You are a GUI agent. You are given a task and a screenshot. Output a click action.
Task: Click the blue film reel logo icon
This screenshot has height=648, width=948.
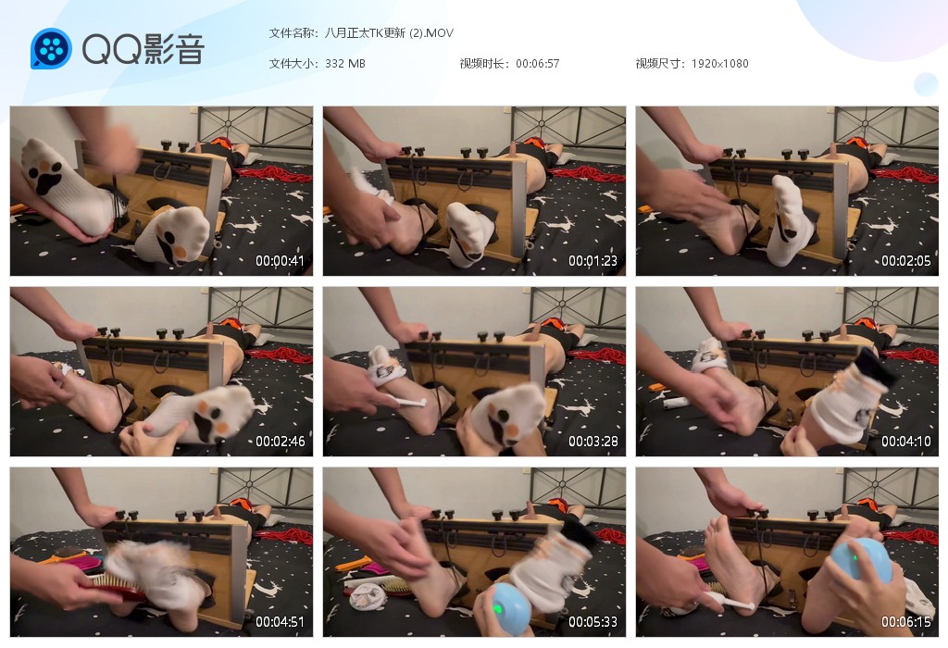(x=51, y=48)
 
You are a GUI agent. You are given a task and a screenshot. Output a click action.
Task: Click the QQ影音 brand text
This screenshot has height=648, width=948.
(x=143, y=49)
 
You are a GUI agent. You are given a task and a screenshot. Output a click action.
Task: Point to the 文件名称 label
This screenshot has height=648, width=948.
(x=292, y=32)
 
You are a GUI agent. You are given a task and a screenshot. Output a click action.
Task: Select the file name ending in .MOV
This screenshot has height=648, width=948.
(x=389, y=32)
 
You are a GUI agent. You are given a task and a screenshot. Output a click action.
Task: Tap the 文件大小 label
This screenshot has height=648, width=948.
(x=292, y=64)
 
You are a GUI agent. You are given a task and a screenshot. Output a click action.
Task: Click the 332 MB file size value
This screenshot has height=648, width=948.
(x=344, y=64)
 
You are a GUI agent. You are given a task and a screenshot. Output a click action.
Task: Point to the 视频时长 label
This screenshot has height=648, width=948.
(x=483, y=64)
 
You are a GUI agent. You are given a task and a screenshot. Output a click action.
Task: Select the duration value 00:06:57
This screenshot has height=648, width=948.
(x=538, y=64)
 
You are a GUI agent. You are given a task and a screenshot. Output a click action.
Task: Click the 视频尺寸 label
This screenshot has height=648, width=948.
(x=659, y=64)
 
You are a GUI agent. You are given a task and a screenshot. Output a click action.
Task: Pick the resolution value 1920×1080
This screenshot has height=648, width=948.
(x=719, y=64)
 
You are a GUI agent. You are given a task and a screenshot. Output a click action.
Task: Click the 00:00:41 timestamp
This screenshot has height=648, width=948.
(x=280, y=260)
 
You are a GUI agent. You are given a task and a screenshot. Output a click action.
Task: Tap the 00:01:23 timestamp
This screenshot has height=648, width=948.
(x=592, y=260)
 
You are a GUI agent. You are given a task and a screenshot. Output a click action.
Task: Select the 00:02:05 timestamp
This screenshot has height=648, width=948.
(x=905, y=260)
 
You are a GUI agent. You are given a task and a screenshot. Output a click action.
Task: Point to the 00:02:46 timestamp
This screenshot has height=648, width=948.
(x=280, y=442)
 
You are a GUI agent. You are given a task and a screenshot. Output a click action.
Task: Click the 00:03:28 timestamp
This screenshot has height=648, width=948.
(x=592, y=442)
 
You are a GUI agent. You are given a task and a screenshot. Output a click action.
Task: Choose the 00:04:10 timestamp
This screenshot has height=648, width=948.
(x=905, y=442)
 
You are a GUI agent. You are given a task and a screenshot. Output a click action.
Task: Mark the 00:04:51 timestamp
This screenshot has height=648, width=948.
(x=280, y=621)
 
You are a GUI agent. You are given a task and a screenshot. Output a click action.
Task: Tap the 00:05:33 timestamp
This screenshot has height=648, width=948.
(x=592, y=621)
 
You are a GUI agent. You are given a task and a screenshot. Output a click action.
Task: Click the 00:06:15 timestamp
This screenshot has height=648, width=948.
(x=905, y=621)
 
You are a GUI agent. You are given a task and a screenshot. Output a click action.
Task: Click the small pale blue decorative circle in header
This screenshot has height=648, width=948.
(x=925, y=84)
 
